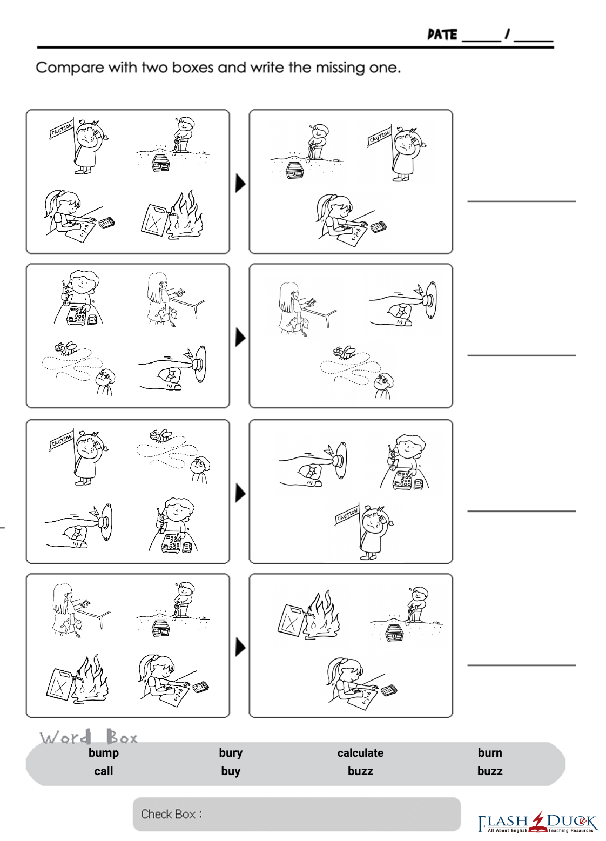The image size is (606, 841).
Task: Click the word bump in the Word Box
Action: coord(104,753)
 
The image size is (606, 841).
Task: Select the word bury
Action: coord(231,753)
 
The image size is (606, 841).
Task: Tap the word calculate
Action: coord(360,753)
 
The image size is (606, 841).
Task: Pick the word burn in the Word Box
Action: coord(489,753)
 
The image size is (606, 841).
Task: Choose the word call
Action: coord(104,771)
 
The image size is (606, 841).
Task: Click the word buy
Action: coord(231,771)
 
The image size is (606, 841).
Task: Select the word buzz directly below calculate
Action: coord(360,771)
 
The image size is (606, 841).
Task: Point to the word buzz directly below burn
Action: coord(489,771)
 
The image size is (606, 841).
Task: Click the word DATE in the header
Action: coord(442,35)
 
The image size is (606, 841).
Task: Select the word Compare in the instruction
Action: coord(70,68)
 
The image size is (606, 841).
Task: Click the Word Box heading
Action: coord(89,737)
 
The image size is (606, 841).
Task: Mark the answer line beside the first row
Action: coord(521,201)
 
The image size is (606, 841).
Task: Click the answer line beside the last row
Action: coord(521,665)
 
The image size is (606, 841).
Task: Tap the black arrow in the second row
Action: coord(240,338)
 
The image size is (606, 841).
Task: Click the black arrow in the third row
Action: coord(240,493)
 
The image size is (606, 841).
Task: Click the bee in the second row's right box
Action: coord(344,353)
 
